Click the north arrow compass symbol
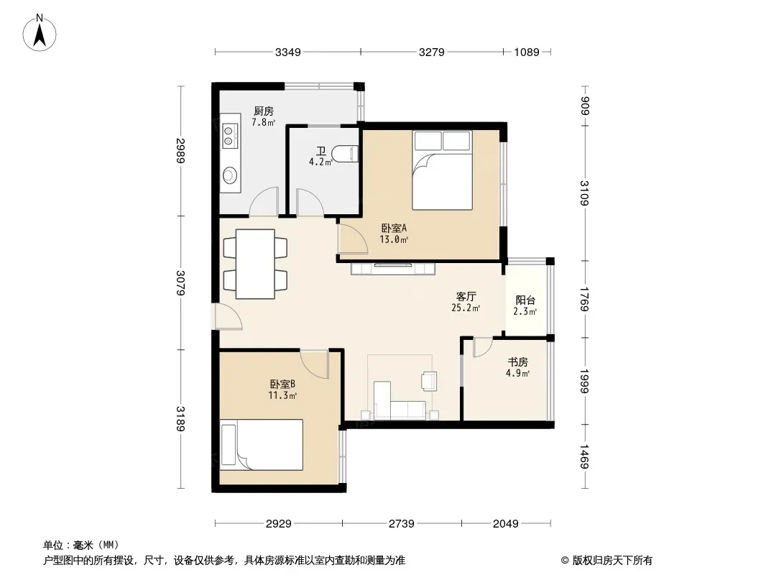(40, 33)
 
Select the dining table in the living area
(255, 264)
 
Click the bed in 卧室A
(442, 170)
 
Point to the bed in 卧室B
(262, 445)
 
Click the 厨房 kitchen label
(263, 111)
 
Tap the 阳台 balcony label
(525, 300)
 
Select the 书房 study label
(518, 362)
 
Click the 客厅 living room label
(466, 297)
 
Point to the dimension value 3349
(287, 52)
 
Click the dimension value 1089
(527, 52)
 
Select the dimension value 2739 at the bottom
(402, 524)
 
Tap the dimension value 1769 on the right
(585, 299)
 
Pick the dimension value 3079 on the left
(180, 283)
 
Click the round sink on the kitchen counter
(230, 175)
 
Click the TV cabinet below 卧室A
(393, 268)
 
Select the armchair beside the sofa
(429, 380)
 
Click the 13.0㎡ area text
(394, 239)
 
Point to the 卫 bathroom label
(321, 151)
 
